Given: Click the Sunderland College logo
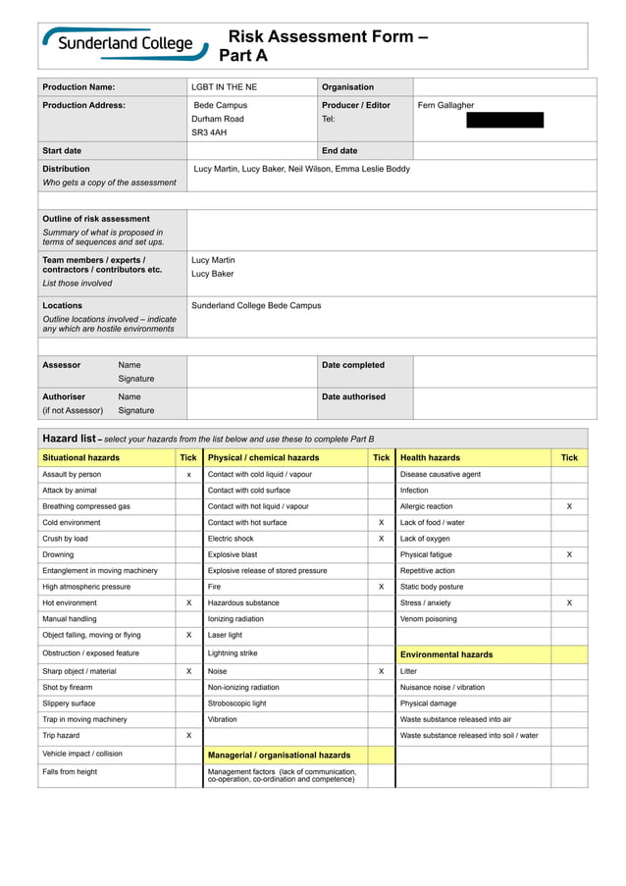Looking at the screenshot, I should (x=125, y=44).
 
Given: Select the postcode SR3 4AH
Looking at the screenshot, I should (x=209, y=132).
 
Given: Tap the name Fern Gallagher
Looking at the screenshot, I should (x=445, y=105).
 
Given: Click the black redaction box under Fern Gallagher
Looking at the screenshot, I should (x=504, y=121).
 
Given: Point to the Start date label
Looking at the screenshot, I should (x=62, y=151).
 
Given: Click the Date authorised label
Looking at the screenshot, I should (x=353, y=397).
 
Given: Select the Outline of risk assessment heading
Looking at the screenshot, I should (x=96, y=219).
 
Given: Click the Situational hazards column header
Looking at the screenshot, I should (x=80, y=457).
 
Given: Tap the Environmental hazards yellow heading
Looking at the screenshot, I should (x=446, y=654).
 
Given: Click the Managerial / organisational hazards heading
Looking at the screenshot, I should (x=279, y=756).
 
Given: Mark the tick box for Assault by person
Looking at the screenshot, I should (x=188, y=474).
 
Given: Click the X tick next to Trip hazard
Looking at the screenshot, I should (x=188, y=735).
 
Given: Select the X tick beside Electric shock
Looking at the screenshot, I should (x=381, y=539).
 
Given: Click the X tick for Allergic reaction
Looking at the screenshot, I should (x=569, y=506).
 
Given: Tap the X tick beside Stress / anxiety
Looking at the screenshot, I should (x=569, y=602).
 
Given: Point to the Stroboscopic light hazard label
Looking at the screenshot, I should (x=236, y=704).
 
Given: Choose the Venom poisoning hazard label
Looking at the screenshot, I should (x=428, y=619).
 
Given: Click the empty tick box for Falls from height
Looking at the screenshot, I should (x=188, y=775).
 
